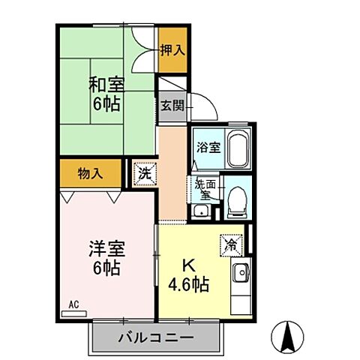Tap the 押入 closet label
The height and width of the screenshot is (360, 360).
pyautogui.click(x=172, y=49)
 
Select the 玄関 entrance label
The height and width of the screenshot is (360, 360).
pyautogui.click(x=171, y=105)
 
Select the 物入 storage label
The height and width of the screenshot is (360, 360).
pyautogui.click(x=89, y=174)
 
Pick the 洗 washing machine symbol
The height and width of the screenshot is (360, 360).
pyautogui.click(x=144, y=174)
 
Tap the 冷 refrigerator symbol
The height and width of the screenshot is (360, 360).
pyautogui.click(x=230, y=244)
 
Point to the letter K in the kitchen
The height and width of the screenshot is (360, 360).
pyautogui.click(x=189, y=265)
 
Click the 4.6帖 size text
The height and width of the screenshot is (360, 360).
pyautogui.click(x=189, y=285)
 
